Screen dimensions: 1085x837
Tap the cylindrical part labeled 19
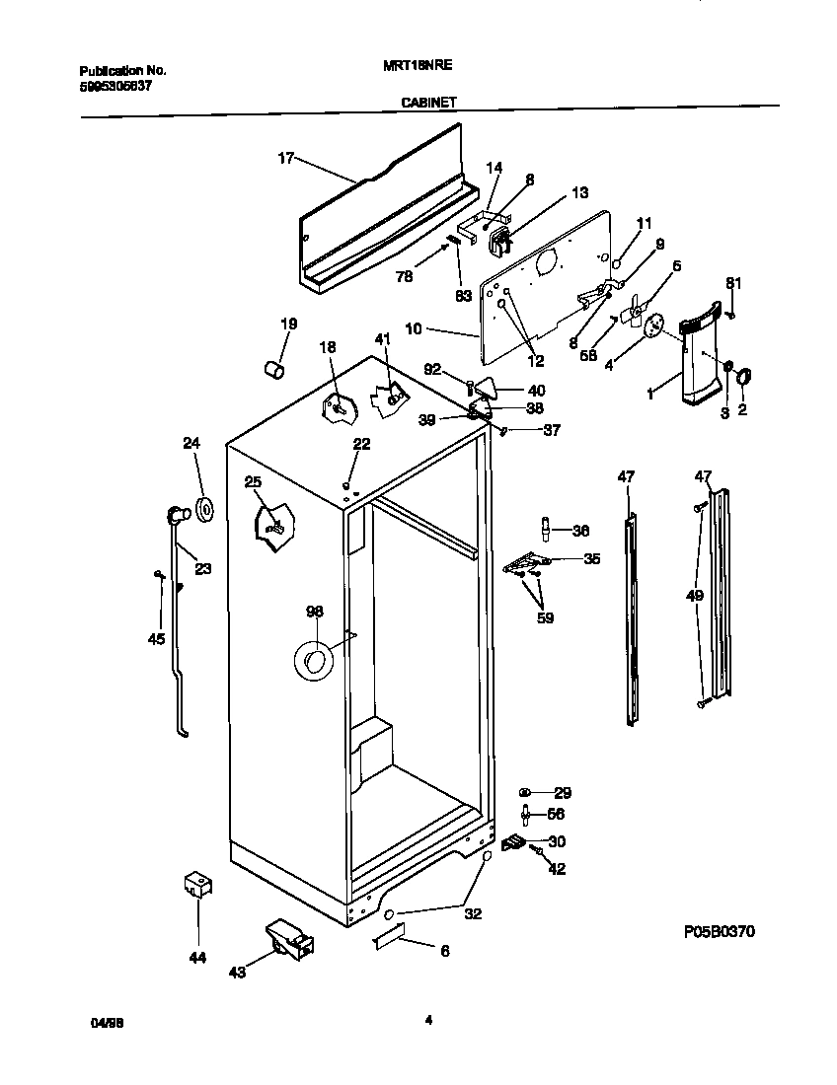click(x=274, y=369)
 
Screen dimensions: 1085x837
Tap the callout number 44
click(x=197, y=956)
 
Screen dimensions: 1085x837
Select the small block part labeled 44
click(x=198, y=884)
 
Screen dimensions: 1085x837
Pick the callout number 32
click(x=473, y=913)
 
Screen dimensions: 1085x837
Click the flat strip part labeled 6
click(x=389, y=940)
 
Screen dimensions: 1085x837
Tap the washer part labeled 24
click(x=206, y=508)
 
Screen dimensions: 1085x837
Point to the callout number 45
click(x=156, y=639)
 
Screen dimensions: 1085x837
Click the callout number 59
click(x=545, y=618)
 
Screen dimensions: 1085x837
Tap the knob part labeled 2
click(x=744, y=375)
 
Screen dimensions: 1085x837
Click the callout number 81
click(x=732, y=285)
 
